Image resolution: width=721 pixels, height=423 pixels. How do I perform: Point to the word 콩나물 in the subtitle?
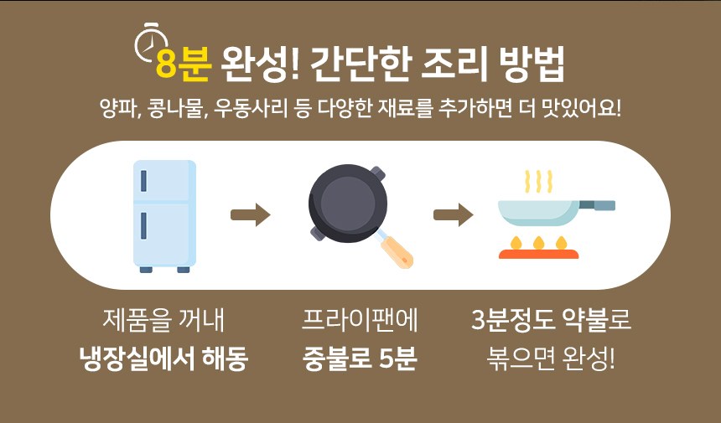(175, 108)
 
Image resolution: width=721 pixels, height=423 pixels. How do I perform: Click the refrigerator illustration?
(164, 216)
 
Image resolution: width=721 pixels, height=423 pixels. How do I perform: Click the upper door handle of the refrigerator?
(143, 181)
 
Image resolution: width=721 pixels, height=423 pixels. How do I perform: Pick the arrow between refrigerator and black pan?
(251, 215)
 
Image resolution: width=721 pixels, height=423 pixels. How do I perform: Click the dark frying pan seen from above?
(348, 204)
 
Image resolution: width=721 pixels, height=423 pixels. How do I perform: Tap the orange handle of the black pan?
(397, 251)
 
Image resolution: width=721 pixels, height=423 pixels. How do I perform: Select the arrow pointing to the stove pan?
(454, 215)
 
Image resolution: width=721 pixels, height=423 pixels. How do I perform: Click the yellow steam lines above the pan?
(538, 182)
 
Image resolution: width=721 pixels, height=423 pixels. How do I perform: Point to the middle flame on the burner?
(538, 243)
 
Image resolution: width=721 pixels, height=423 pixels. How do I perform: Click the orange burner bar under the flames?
(538, 254)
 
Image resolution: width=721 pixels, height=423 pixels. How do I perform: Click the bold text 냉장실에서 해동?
(163, 359)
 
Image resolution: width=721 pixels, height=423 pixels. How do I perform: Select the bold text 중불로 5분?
(360, 359)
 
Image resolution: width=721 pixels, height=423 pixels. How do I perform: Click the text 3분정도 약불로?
(552, 320)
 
